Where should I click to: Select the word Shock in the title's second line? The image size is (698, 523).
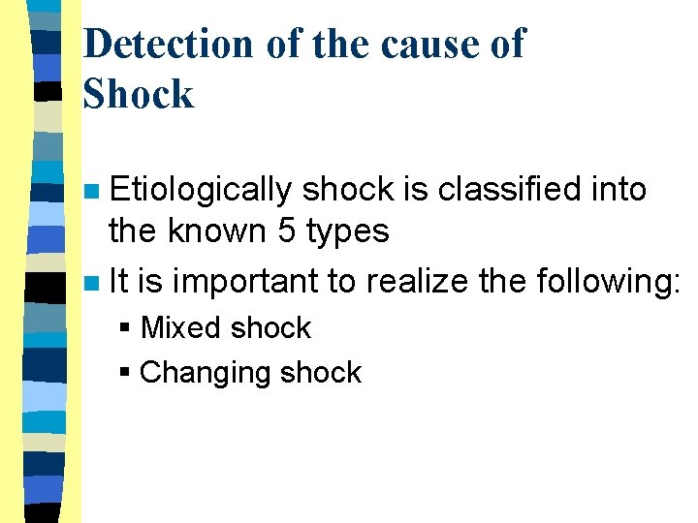(x=139, y=94)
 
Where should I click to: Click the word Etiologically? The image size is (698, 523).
(x=200, y=190)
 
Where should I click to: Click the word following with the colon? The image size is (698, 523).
(x=605, y=282)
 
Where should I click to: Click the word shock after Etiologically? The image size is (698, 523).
(x=348, y=189)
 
